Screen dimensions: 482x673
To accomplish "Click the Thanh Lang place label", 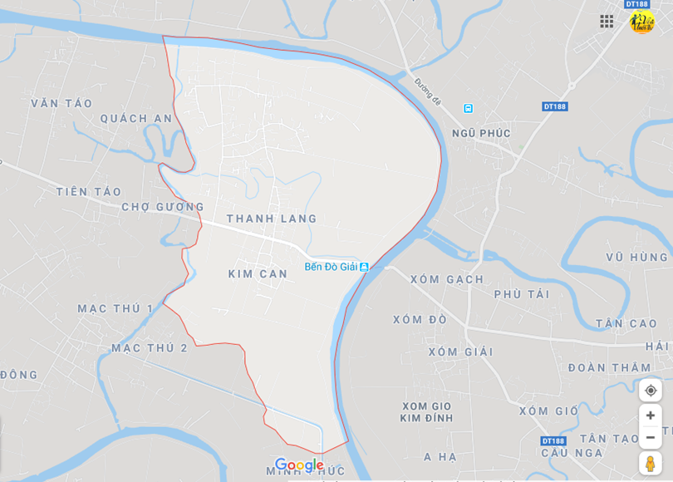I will [x=271, y=219].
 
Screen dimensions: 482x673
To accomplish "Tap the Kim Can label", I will [x=258, y=273].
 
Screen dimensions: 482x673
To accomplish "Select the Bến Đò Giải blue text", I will [x=331, y=267].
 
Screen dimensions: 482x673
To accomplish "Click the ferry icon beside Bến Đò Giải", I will [x=364, y=267].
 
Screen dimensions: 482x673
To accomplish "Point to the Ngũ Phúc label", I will [x=482, y=133].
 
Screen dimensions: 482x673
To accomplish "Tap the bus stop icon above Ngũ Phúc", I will [x=468, y=108].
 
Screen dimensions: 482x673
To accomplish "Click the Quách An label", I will [x=136, y=119].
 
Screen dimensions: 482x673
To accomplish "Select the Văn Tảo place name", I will [x=61, y=103].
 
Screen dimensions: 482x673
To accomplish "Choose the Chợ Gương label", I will [x=163, y=207].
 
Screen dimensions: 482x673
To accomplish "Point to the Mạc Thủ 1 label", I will [x=115, y=308].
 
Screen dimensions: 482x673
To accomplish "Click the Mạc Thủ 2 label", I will [x=150, y=347].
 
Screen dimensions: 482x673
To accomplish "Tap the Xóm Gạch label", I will [x=446, y=279].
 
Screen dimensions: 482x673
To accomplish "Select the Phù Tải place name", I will [x=522, y=294].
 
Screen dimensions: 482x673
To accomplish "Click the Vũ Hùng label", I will [x=636, y=258].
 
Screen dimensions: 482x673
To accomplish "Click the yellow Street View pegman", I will [x=651, y=463].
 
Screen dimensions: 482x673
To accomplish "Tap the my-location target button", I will [x=651, y=391].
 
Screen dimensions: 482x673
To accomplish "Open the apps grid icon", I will [x=607, y=22].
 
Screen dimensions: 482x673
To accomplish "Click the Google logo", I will [x=299, y=465].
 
